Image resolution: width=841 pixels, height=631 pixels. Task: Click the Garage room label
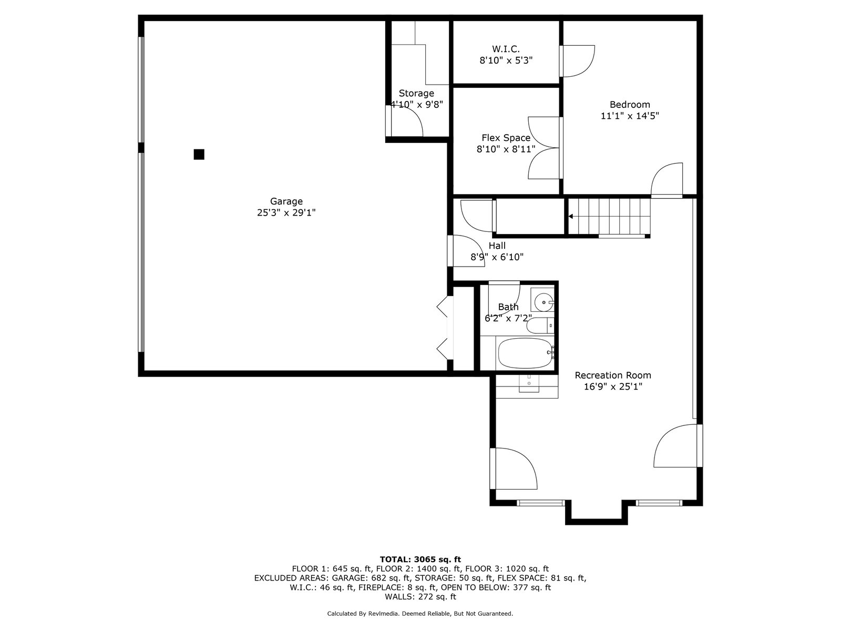[286, 201]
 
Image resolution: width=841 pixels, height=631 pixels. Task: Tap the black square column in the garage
[199, 155]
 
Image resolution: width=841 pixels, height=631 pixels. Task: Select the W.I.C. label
[506, 49]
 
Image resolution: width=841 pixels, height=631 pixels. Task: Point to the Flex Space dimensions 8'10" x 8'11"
[506, 149]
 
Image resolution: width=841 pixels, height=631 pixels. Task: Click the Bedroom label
[630, 105]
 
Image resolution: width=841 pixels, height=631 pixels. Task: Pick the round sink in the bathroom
[544, 302]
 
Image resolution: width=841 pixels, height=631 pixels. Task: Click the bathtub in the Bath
[525, 353]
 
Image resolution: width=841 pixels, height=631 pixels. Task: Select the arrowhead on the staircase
[570, 217]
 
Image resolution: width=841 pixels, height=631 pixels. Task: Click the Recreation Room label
[613, 375]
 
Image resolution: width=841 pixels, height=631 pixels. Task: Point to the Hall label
[497, 246]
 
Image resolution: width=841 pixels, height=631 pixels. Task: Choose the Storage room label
[416, 94]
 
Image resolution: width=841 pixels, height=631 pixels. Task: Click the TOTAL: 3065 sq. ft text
[420, 559]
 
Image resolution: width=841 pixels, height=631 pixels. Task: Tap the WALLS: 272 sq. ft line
[420, 596]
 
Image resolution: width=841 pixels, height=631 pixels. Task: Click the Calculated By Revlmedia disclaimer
[420, 614]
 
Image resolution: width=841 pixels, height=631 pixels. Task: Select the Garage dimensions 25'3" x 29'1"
[286, 212]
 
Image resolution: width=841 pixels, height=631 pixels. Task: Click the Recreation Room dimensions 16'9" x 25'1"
[613, 387]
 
